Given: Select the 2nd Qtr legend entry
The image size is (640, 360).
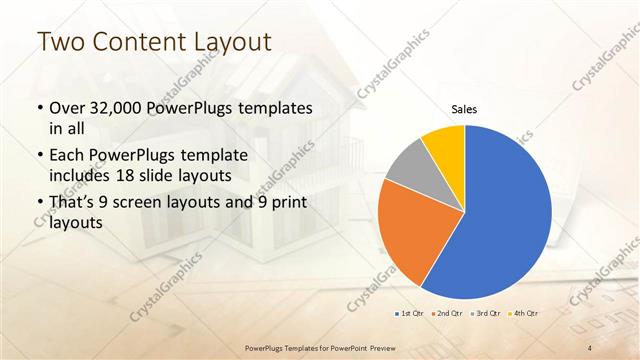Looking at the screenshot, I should click(446, 314).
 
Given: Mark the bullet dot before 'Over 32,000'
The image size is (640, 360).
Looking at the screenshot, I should click(39, 108).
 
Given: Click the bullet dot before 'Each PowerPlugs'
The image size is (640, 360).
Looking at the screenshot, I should click(39, 157).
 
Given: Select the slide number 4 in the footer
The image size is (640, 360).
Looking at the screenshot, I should click(591, 348).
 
